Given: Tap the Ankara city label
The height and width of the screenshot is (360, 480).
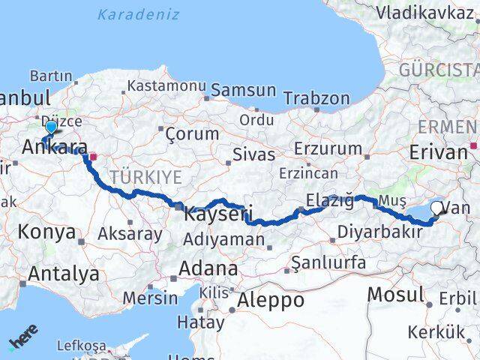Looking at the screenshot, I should click(x=55, y=147).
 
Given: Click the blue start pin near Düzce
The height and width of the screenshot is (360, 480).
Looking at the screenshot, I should click(x=50, y=128).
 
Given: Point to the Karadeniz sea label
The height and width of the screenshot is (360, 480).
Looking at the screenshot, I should click(x=138, y=14).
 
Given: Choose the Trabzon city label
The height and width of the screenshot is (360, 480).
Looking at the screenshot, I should click(x=317, y=98).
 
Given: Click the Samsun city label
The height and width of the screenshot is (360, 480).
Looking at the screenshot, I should click(x=244, y=90).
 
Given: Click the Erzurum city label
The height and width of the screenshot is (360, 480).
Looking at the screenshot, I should click(x=328, y=148).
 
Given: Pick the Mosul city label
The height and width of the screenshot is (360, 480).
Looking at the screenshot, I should click(x=396, y=295).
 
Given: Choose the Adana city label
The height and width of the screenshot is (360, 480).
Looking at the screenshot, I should click(x=208, y=268).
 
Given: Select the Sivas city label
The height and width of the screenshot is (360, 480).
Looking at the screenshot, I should click(x=254, y=154).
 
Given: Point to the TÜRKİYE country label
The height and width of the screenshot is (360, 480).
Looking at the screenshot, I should click(x=146, y=177).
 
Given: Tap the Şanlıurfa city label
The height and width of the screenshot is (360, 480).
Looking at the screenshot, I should click(x=328, y=262).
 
